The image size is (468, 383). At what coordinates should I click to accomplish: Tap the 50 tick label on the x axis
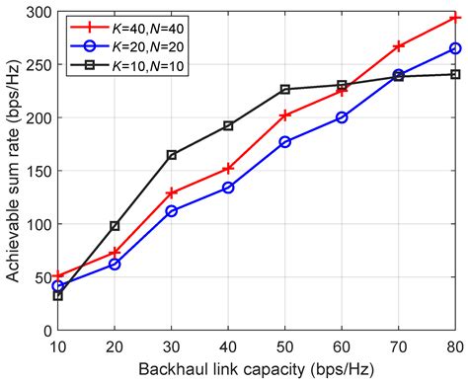(285, 345)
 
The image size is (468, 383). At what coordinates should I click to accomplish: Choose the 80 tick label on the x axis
(455, 345)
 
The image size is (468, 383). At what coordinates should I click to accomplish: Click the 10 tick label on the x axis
(58, 345)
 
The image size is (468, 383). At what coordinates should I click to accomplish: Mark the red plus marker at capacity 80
(455, 18)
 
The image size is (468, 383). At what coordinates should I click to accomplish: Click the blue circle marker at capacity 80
(455, 48)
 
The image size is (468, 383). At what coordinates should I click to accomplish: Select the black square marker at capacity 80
(455, 74)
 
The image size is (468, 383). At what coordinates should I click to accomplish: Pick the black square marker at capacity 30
(172, 155)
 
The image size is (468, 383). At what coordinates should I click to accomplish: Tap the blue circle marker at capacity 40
(228, 188)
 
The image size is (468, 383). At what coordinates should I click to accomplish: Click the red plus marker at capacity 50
(285, 115)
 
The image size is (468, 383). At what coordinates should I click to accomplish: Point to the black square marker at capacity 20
(115, 226)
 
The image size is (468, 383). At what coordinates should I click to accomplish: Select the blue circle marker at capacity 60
(342, 117)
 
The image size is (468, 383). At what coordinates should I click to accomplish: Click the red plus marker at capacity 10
(58, 275)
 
